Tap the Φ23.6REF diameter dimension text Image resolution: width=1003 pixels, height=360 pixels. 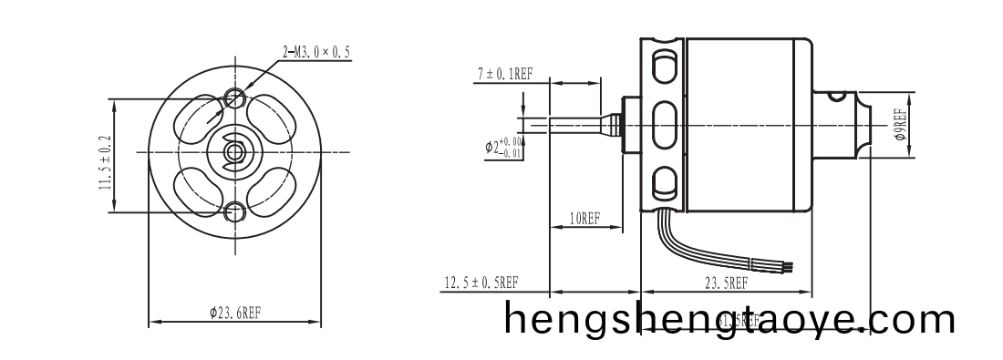(x=235, y=312)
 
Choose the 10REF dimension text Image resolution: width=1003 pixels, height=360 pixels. (x=583, y=219)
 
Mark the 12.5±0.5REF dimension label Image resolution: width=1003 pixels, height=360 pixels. (x=481, y=283)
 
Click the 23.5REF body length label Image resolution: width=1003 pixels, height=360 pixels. (x=726, y=283)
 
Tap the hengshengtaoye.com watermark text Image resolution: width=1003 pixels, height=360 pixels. (x=729, y=321)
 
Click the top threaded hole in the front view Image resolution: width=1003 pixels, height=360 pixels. (x=235, y=96)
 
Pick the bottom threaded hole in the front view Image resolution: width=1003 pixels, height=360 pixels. (x=235, y=212)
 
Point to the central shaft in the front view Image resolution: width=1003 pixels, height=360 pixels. (x=234, y=151)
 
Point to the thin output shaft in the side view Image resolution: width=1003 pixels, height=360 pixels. (x=565, y=119)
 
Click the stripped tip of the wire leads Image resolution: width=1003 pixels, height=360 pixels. (x=789, y=267)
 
